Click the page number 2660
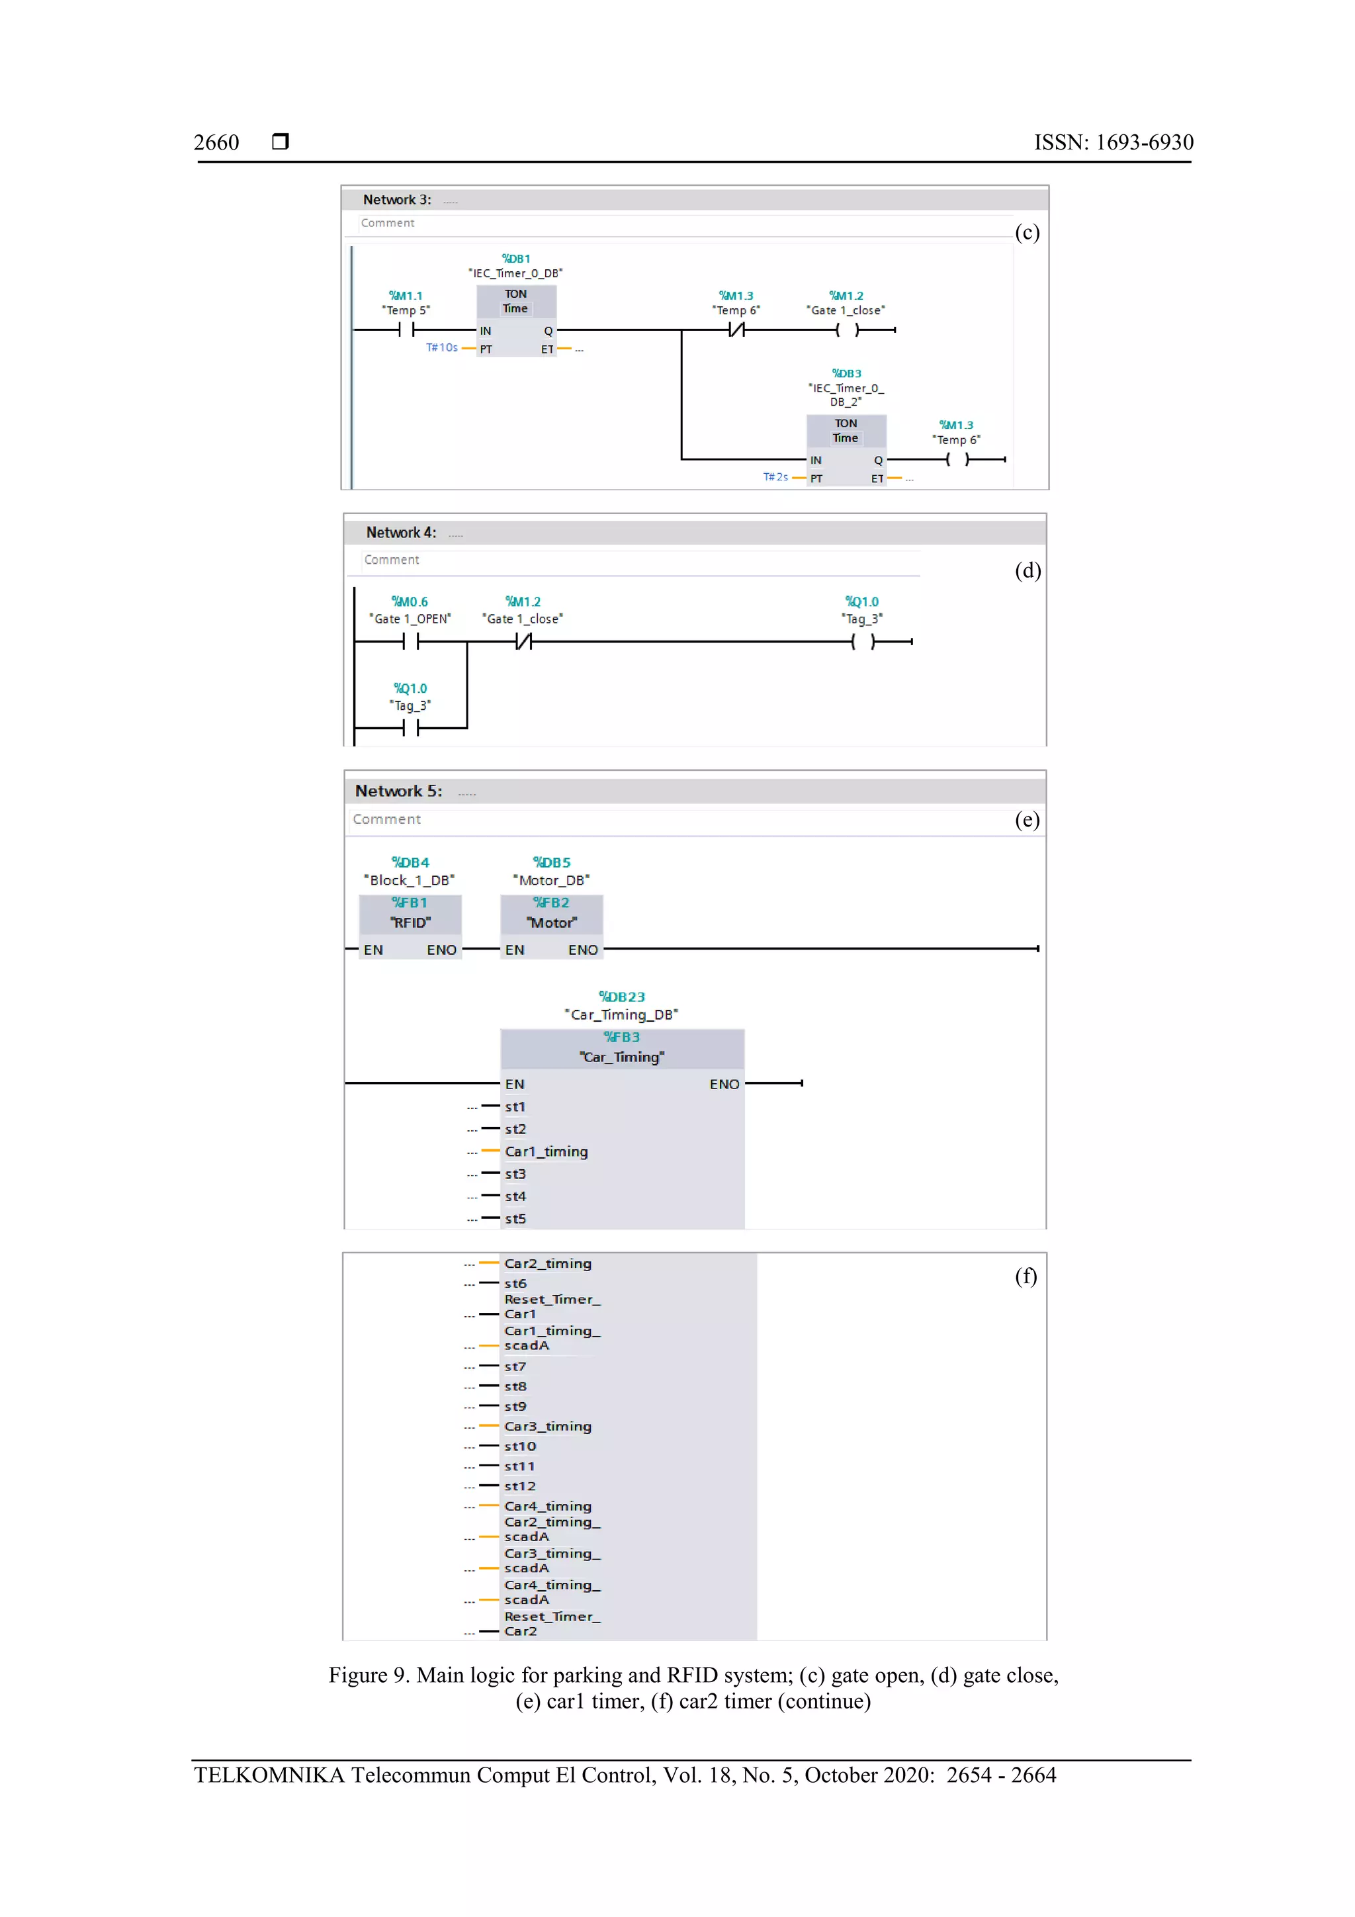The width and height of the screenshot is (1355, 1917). tap(216, 143)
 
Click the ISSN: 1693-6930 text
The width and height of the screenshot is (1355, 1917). tap(1113, 143)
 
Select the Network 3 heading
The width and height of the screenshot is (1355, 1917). tap(396, 200)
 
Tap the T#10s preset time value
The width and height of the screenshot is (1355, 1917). tap(442, 347)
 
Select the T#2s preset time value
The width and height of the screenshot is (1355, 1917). tap(775, 476)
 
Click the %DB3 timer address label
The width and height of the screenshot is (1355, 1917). tap(846, 373)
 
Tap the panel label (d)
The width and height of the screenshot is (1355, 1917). tap(1027, 570)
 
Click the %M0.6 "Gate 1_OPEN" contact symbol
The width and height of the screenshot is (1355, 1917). tap(410, 641)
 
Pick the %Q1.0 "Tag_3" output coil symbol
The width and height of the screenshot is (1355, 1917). tap(863, 641)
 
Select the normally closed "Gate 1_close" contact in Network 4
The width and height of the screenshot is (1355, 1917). tap(523, 641)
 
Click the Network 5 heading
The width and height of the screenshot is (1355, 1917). tap(398, 791)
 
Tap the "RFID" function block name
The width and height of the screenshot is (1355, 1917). tap(410, 922)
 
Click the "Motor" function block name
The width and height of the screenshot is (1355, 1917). tap(552, 922)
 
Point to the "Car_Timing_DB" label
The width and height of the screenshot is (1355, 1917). tap(622, 1014)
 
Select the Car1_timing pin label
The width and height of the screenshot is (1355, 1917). tap(546, 1151)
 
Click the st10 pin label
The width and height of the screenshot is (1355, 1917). tap(520, 1446)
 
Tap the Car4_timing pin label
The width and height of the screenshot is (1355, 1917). tap(548, 1506)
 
